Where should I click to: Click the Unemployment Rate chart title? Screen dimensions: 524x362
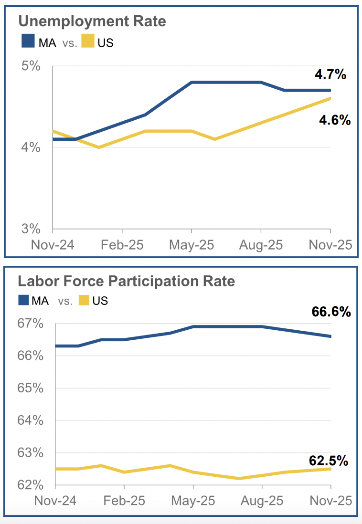[92, 21]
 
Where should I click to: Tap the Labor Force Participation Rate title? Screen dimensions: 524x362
[126, 281]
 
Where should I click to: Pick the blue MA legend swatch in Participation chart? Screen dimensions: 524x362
[24, 300]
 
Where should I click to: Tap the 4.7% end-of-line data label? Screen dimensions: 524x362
[330, 74]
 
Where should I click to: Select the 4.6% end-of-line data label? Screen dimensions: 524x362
[335, 120]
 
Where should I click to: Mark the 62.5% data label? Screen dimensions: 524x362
[329, 461]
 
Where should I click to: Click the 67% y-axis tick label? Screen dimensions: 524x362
[31, 324]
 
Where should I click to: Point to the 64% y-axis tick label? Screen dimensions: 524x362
[31, 420]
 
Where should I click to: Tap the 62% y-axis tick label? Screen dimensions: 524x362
[31, 485]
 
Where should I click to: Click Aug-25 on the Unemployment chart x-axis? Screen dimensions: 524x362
[260, 245]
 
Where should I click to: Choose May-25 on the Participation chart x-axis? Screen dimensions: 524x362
[192, 501]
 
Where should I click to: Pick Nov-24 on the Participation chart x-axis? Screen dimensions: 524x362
[55, 501]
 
